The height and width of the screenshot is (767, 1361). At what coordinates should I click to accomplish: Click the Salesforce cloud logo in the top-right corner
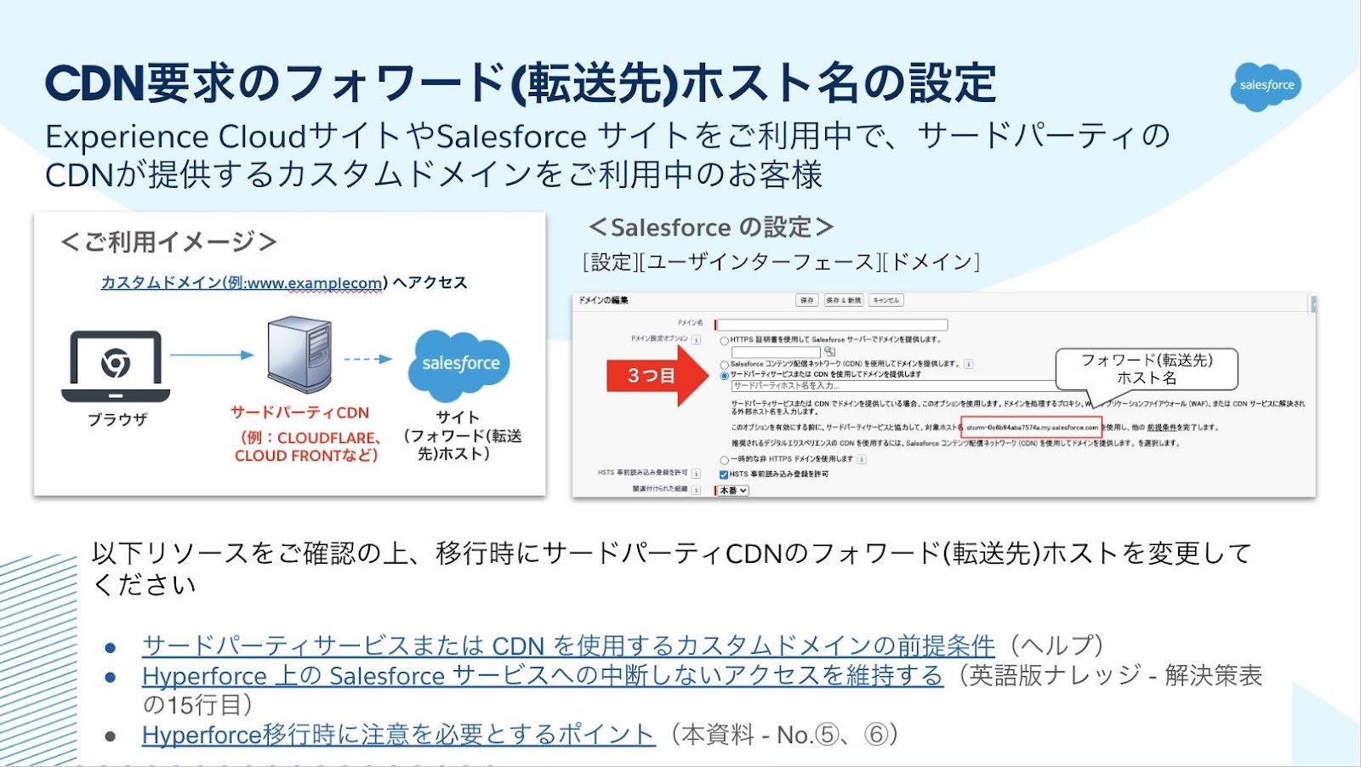tap(1266, 86)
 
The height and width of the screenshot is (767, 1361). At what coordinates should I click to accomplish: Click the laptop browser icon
tap(116, 366)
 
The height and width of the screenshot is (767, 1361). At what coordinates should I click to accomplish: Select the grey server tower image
tap(299, 355)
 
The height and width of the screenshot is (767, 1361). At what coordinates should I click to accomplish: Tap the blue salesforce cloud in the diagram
tap(460, 365)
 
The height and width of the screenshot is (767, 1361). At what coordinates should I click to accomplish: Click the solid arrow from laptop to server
tap(212, 355)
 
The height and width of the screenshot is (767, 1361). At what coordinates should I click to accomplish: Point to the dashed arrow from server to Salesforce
tap(367, 359)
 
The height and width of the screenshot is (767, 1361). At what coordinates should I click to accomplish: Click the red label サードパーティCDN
tap(299, 412)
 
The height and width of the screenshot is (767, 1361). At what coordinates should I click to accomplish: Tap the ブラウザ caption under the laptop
tap(117, 419)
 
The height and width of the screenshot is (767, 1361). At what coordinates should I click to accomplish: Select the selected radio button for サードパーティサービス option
tap(724, 375)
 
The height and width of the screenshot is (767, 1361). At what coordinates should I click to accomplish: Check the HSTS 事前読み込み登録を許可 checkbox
tap(724, 474)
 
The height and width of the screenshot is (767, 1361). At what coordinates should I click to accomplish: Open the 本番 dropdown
tap(733, 491)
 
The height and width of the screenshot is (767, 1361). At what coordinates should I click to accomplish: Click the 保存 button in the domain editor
tap(806, 300)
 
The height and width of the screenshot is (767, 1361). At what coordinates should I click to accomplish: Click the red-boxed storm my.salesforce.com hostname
tap(1031, 428)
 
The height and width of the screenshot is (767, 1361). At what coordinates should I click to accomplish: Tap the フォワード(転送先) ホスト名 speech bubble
tap(1146, 369)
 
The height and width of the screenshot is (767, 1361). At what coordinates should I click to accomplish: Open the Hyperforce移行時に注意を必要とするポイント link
tap(398, 735)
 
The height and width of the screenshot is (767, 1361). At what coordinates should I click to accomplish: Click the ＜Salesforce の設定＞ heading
tap(710, 227)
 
